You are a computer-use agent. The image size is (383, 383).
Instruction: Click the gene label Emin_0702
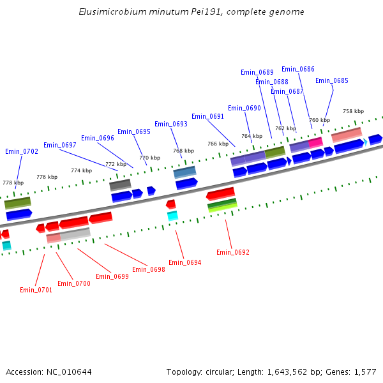pyautogui.click(x=22, y=151)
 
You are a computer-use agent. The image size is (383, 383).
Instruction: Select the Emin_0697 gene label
pyautogui.click(x=60, y=145)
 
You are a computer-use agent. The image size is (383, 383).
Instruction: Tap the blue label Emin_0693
pyautogui.click(x=171, y=124)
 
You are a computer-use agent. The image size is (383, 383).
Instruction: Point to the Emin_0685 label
pyautogui.click(x=332, y=80)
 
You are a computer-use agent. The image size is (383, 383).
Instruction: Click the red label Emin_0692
pyautogui.click(x=233, y=252)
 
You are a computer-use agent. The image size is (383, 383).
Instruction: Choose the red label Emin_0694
pyautogui.click(x=185, y=262)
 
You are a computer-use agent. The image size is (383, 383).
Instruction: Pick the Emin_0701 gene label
pyautogui.click(x=36, y=290)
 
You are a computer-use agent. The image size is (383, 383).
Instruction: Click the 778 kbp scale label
pyautogui.click(x=13, y=183)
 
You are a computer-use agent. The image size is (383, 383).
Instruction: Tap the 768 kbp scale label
pyautogui.click(x=183, y=151)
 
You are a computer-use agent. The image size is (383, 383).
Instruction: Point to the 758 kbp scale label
pyautogui.click(x=353, y=111)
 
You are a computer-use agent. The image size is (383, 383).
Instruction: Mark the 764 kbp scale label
pyautogui.click(x=252, y=136)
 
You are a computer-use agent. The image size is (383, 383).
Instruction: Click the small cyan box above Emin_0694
pyautogui.click(x=172, y=216)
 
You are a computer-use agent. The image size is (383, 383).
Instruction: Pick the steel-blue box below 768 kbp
pyautogui.click(x=185, y=172)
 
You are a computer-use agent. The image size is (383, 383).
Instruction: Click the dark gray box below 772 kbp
pyautogui.click(x=120, y=184)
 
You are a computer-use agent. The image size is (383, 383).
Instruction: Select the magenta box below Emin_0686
pyautogui.click(x=316, y=142)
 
